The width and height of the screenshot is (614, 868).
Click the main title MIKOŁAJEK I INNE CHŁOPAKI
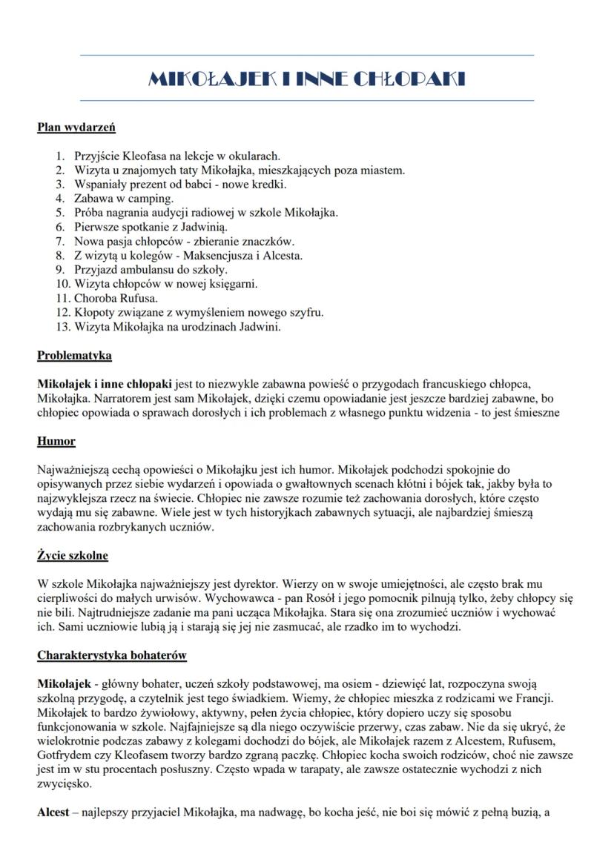point(306,79)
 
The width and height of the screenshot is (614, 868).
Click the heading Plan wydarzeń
point(76,127)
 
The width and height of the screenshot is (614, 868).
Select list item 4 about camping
point(124,198)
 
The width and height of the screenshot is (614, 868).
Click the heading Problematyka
point(74,355)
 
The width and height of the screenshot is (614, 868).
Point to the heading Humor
point(56,441)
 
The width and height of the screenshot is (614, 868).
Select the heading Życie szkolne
point(73,555)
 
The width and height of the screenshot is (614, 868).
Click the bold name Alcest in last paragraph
point(54,813)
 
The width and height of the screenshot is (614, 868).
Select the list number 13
point(62,326)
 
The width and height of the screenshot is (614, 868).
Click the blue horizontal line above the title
point(306,55)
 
